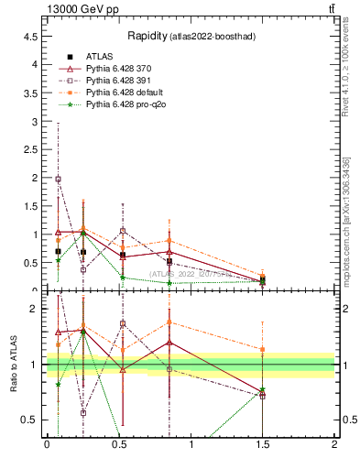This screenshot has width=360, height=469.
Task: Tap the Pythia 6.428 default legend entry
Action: [125, 93]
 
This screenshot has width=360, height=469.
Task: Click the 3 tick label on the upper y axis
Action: [34, 121]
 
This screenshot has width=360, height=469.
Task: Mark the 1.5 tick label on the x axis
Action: [263, 445]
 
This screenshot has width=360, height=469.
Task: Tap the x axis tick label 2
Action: [334, 445]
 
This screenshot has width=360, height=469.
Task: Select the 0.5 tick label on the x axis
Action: [119, 445]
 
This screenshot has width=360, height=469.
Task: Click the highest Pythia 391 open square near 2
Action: [59, 180]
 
